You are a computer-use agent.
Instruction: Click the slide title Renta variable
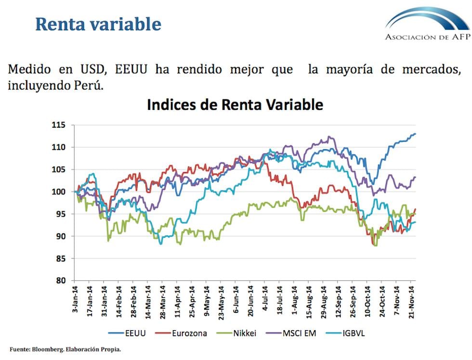pyautogui.click(x=98, y=24)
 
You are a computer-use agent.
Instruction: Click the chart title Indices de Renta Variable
pyautogui.click(x=235, y=105)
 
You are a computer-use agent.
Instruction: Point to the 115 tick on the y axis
pyautogui.click(x=58, y=125)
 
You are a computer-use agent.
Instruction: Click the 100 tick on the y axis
pyautogui.click(x=58, y=192)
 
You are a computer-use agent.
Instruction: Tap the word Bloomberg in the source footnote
pyautogui.click(x=48, y=349)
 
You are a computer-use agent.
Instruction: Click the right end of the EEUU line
pyautogui.click(x=415, y=134)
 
